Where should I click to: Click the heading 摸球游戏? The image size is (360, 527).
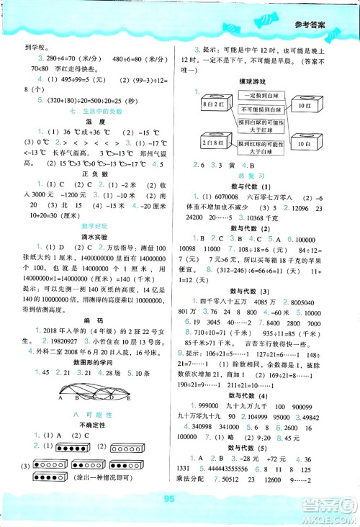tap(258, 82)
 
